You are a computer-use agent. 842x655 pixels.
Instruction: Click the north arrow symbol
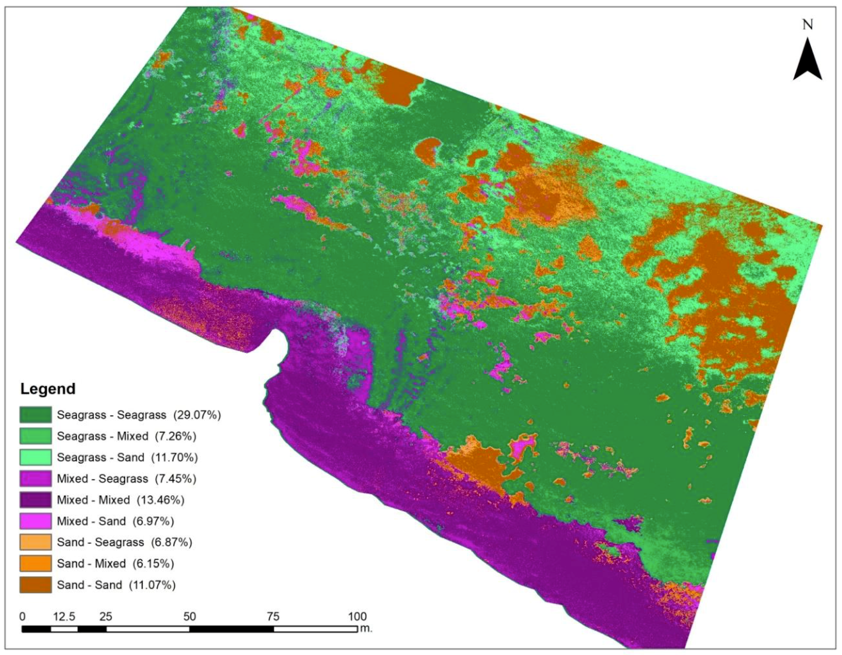807,61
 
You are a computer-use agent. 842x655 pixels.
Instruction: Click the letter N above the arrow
807,24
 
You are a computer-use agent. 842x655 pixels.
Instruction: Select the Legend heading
48,389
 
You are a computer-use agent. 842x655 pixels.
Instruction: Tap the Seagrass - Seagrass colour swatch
35,415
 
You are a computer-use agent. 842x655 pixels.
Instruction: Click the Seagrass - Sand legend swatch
35,457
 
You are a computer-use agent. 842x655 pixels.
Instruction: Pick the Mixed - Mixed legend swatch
35,499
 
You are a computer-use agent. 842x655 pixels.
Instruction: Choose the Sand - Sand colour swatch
35,585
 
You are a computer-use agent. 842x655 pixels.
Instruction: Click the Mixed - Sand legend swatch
35,521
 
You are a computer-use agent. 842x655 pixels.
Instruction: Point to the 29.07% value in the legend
197,415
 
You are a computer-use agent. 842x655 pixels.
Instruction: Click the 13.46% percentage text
160,500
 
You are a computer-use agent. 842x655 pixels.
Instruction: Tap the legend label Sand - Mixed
91,563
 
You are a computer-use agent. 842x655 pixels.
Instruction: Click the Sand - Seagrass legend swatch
35,542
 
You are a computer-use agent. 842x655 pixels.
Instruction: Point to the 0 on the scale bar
22,616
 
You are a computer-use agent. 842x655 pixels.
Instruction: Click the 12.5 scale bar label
64,616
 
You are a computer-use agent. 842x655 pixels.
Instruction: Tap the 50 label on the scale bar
189,616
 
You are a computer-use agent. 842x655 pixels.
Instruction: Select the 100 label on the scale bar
357,616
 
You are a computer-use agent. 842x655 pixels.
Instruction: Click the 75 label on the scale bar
273,616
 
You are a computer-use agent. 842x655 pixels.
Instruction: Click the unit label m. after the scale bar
366,629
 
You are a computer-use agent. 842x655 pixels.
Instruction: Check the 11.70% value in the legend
174,457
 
